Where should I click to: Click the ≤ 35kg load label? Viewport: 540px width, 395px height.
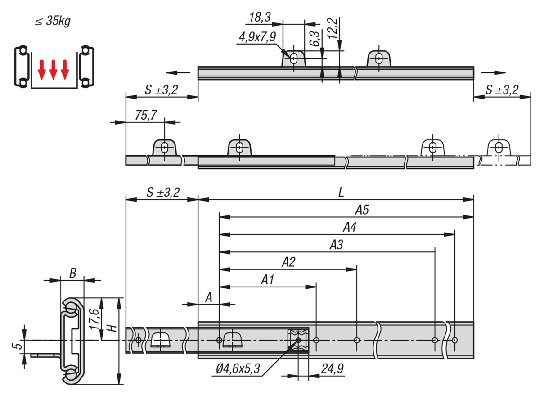pos(53,21)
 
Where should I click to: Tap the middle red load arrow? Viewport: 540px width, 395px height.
pos(53,70)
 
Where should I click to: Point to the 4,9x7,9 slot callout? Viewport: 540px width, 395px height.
pos(257,37)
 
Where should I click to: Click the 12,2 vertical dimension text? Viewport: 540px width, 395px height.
pos(333,28)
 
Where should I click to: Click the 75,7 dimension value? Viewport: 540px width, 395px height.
pos(146,115)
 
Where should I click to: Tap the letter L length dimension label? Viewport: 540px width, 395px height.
pos(341,193)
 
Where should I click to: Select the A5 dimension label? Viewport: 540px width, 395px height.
pos(362,210)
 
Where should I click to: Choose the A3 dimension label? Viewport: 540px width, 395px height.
pos(336,245)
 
